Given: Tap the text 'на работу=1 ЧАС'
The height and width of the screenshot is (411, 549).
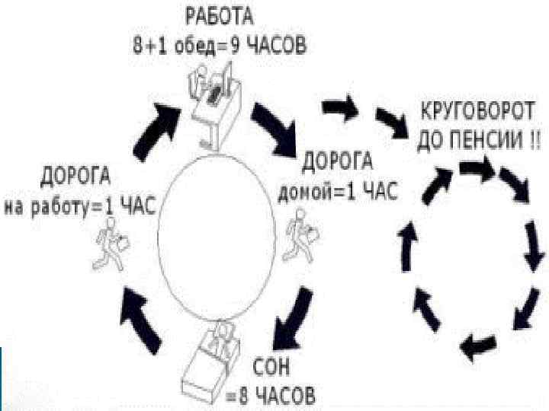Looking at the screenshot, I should tap(79, 206).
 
